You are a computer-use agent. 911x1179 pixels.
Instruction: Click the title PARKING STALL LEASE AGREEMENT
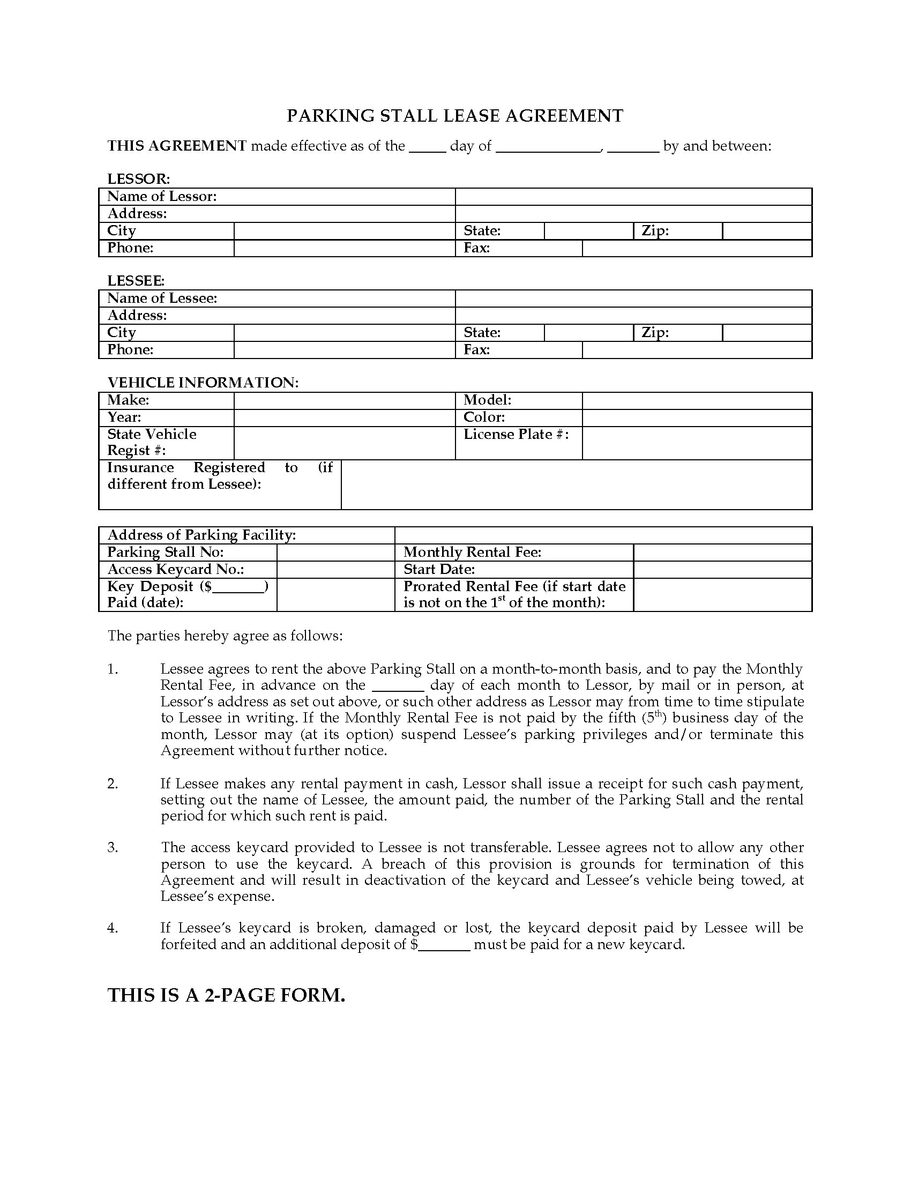(454, 116)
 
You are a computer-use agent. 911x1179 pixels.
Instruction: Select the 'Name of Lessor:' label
(162, 197)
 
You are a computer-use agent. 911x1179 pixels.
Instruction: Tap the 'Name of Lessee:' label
(162, 299)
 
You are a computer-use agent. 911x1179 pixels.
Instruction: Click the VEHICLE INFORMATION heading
(203, 383)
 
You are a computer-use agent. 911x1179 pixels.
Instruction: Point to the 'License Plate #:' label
(516, 435)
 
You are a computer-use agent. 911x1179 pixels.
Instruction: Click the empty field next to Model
(696, 400)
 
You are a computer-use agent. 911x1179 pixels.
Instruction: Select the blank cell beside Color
(696, 418)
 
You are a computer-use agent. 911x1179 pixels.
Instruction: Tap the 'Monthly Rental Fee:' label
(472, 552)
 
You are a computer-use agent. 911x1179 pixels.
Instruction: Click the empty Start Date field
(722, 570)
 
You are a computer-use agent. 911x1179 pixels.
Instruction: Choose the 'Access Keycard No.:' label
(175, 570)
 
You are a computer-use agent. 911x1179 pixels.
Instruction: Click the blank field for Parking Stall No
(335, 552)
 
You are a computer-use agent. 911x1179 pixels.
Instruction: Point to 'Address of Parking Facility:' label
(201, 535)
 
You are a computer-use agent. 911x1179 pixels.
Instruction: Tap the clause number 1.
(112, 669)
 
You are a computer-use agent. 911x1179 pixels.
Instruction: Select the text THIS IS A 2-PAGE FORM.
(226, 995)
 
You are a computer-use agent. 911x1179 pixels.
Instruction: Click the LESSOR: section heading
(139, 178)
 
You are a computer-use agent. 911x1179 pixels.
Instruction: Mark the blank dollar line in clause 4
(444, 945)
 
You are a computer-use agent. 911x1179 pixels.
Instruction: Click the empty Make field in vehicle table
(345, 400)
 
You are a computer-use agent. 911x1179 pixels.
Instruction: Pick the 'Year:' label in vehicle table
(124, 418)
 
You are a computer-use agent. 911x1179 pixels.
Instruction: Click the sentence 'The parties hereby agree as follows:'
(225, 636)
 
